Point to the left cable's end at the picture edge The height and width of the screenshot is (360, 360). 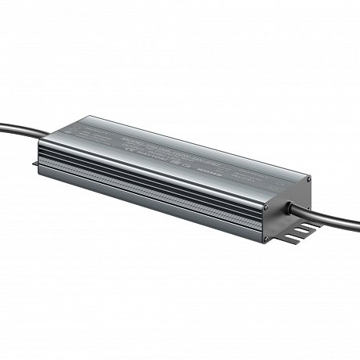(x=2, y=124)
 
